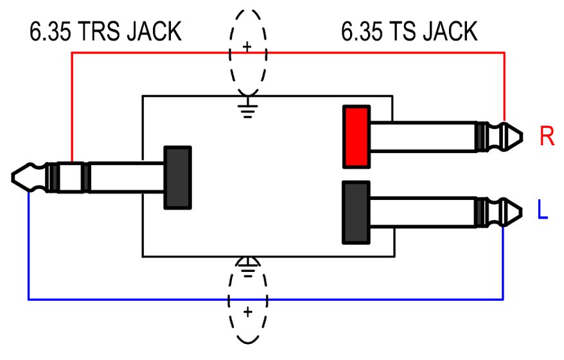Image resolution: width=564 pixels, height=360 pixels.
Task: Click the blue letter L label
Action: coord(543,211)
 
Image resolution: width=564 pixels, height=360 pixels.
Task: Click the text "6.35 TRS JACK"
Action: coord(105,32)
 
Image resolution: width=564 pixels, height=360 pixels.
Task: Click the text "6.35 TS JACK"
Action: coord(409,31)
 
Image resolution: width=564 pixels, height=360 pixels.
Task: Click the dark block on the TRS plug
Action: coord(178,177)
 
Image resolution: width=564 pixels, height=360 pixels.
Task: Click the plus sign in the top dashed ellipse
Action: coord(247,47)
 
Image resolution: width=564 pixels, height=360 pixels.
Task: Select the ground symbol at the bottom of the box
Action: coord(247,264)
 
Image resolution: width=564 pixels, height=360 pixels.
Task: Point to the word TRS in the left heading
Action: coord(103,32)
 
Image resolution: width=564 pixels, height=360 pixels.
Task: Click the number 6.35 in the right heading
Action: coord(360,31)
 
